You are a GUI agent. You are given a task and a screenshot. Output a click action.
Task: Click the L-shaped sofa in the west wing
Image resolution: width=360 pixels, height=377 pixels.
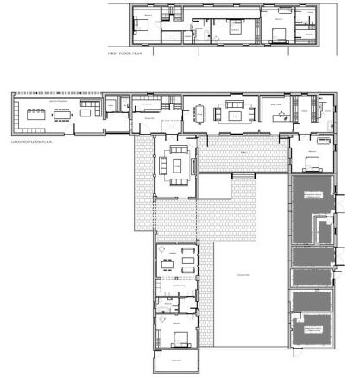point(90,110)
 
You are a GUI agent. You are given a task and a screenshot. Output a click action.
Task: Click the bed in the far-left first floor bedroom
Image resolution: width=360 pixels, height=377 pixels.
point(142,25)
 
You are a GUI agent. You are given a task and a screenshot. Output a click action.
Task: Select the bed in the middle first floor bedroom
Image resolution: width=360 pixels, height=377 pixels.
point(235,28)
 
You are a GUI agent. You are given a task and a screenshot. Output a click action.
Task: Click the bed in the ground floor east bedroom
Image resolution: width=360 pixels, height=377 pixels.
point(312,162)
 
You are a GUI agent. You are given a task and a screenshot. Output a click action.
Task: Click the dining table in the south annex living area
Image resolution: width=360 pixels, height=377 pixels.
point(186,261)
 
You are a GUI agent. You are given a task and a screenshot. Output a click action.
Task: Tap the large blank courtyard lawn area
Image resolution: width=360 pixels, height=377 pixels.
point(246,276)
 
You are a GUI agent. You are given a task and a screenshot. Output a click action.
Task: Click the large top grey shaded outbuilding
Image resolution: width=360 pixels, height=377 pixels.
point(310,207)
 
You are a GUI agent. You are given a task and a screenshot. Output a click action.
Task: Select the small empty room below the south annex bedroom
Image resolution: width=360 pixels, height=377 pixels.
point(178,361)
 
